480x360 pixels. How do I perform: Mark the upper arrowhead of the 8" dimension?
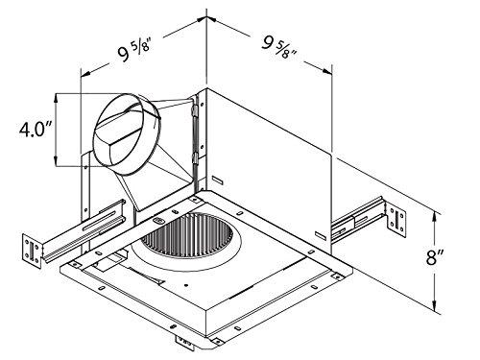(438, 214)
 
